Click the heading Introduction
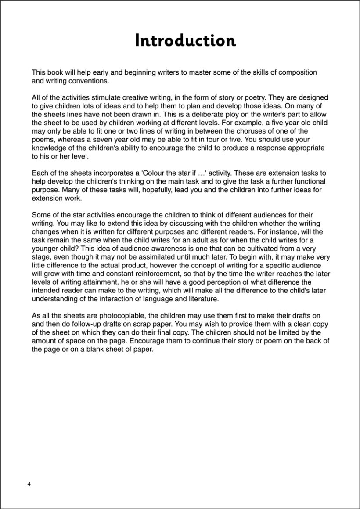(185, 40)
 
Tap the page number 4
(29, 484)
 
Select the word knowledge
(50, 148)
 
